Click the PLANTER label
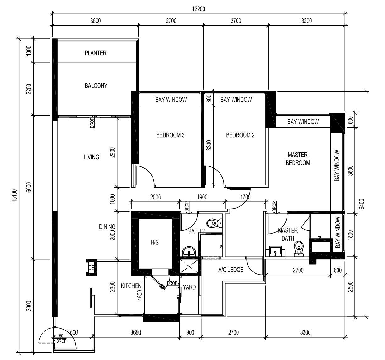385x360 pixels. pyautogui.click(x=96, y=53)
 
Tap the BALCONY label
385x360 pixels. pyautogui.click(x=96, y=85)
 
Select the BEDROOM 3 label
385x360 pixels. pyautogui.click(x=170, y=135)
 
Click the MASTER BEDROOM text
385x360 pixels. pyautogui.click(x=298, y=159)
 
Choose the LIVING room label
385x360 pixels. pyautogui.click(x=91, y=157)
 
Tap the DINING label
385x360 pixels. pyautogui.click(x=107, y=226)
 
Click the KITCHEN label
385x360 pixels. pyautogui.click(x=131, y=286)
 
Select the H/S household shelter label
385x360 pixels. pyautogui.click(x=154, y=242)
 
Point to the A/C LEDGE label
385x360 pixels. pyautogui.click(x=231, y=270)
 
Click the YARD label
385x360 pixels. pyautogui.click(x=189, y=287)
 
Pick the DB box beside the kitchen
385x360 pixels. pyautogui.click(x=91, y=268)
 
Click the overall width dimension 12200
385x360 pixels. pyautogui.click(x=198, y=9)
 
